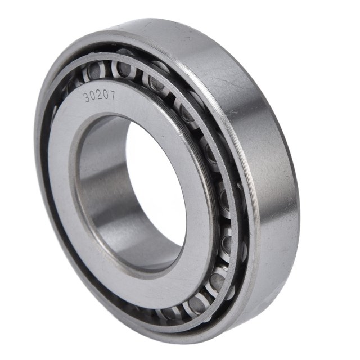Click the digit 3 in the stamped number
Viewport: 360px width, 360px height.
88,98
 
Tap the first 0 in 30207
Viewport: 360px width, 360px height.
94,96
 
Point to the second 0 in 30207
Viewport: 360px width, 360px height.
106,94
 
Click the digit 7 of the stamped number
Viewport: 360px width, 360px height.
112,95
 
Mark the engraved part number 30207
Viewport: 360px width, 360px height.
100,96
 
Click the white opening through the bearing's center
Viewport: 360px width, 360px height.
156,184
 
